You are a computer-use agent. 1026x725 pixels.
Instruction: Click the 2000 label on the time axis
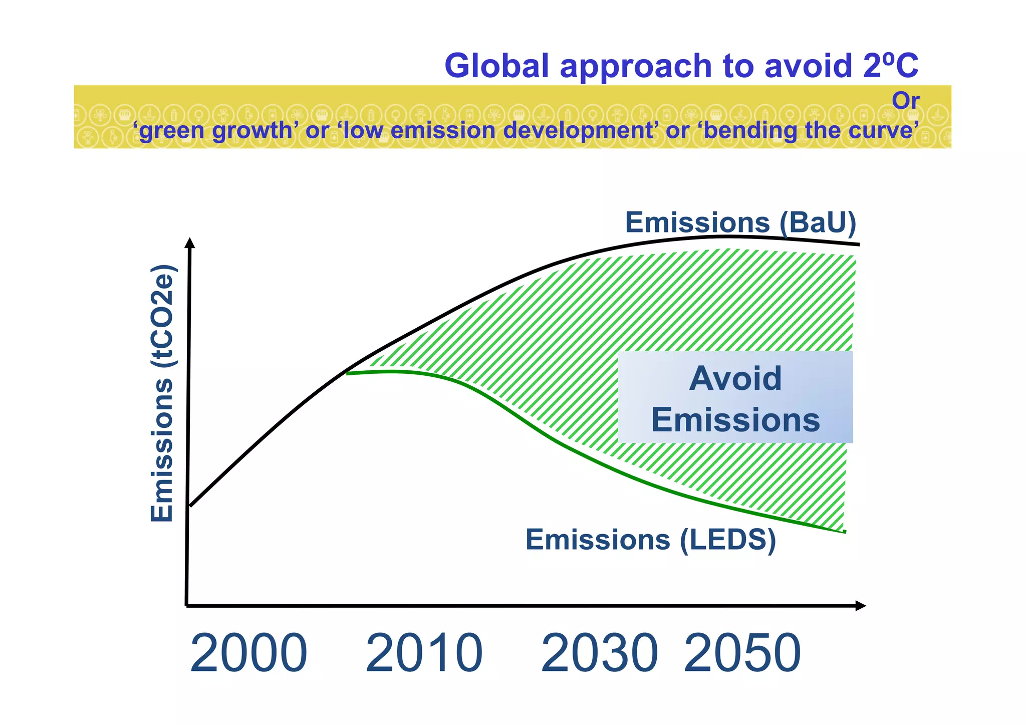[x=248, y=653]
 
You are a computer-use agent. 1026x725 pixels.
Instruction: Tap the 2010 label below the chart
[x=424, y=653]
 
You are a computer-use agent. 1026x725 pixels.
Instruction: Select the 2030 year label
[x=599, y=653]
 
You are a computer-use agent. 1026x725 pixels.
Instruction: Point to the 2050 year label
[x=742, y=653]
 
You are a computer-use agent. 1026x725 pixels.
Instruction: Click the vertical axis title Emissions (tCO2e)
[x=162, y=393]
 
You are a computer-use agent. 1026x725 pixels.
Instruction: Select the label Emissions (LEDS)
[x=650, y=540]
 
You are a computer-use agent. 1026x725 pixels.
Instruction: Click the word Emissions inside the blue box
[x=735, y=419]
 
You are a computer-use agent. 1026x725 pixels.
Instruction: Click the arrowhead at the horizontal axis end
[x=861, y=606]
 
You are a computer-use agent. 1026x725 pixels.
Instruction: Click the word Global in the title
[x=496, y=66]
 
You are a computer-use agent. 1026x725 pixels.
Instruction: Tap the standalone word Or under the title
[x=905, y=101]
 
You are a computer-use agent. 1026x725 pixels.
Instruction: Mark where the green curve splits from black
[x=347, y=373]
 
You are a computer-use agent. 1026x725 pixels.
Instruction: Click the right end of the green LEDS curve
[x=845, y=532]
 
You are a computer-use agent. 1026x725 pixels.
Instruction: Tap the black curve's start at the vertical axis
[x=190, y=506]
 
